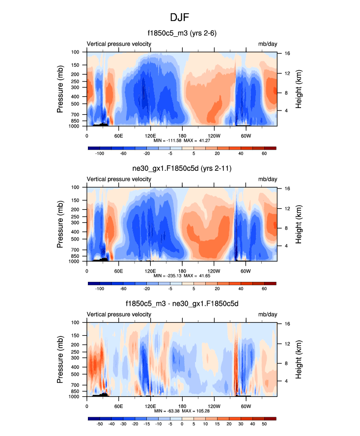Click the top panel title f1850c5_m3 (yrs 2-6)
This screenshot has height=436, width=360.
pyautogui.click(x=182, y=33)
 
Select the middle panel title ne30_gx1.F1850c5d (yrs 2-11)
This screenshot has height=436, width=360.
pyautogui.click(x=182, y=169)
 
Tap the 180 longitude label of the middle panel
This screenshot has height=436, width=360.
pyautogui.click(x=182, y=271)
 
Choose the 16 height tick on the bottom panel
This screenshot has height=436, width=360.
pyautogui.click(x=286, y=324)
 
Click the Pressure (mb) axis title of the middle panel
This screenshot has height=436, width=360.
pyautogui.click(x=61, y=224)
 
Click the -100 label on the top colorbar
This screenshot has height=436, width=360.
pyautogui.click(x=100, y=153)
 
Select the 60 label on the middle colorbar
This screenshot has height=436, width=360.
pyautogui.click(x=264, y=289)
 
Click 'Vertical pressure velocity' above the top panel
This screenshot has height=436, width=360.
pyautogui.click(x=119, y=44)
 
